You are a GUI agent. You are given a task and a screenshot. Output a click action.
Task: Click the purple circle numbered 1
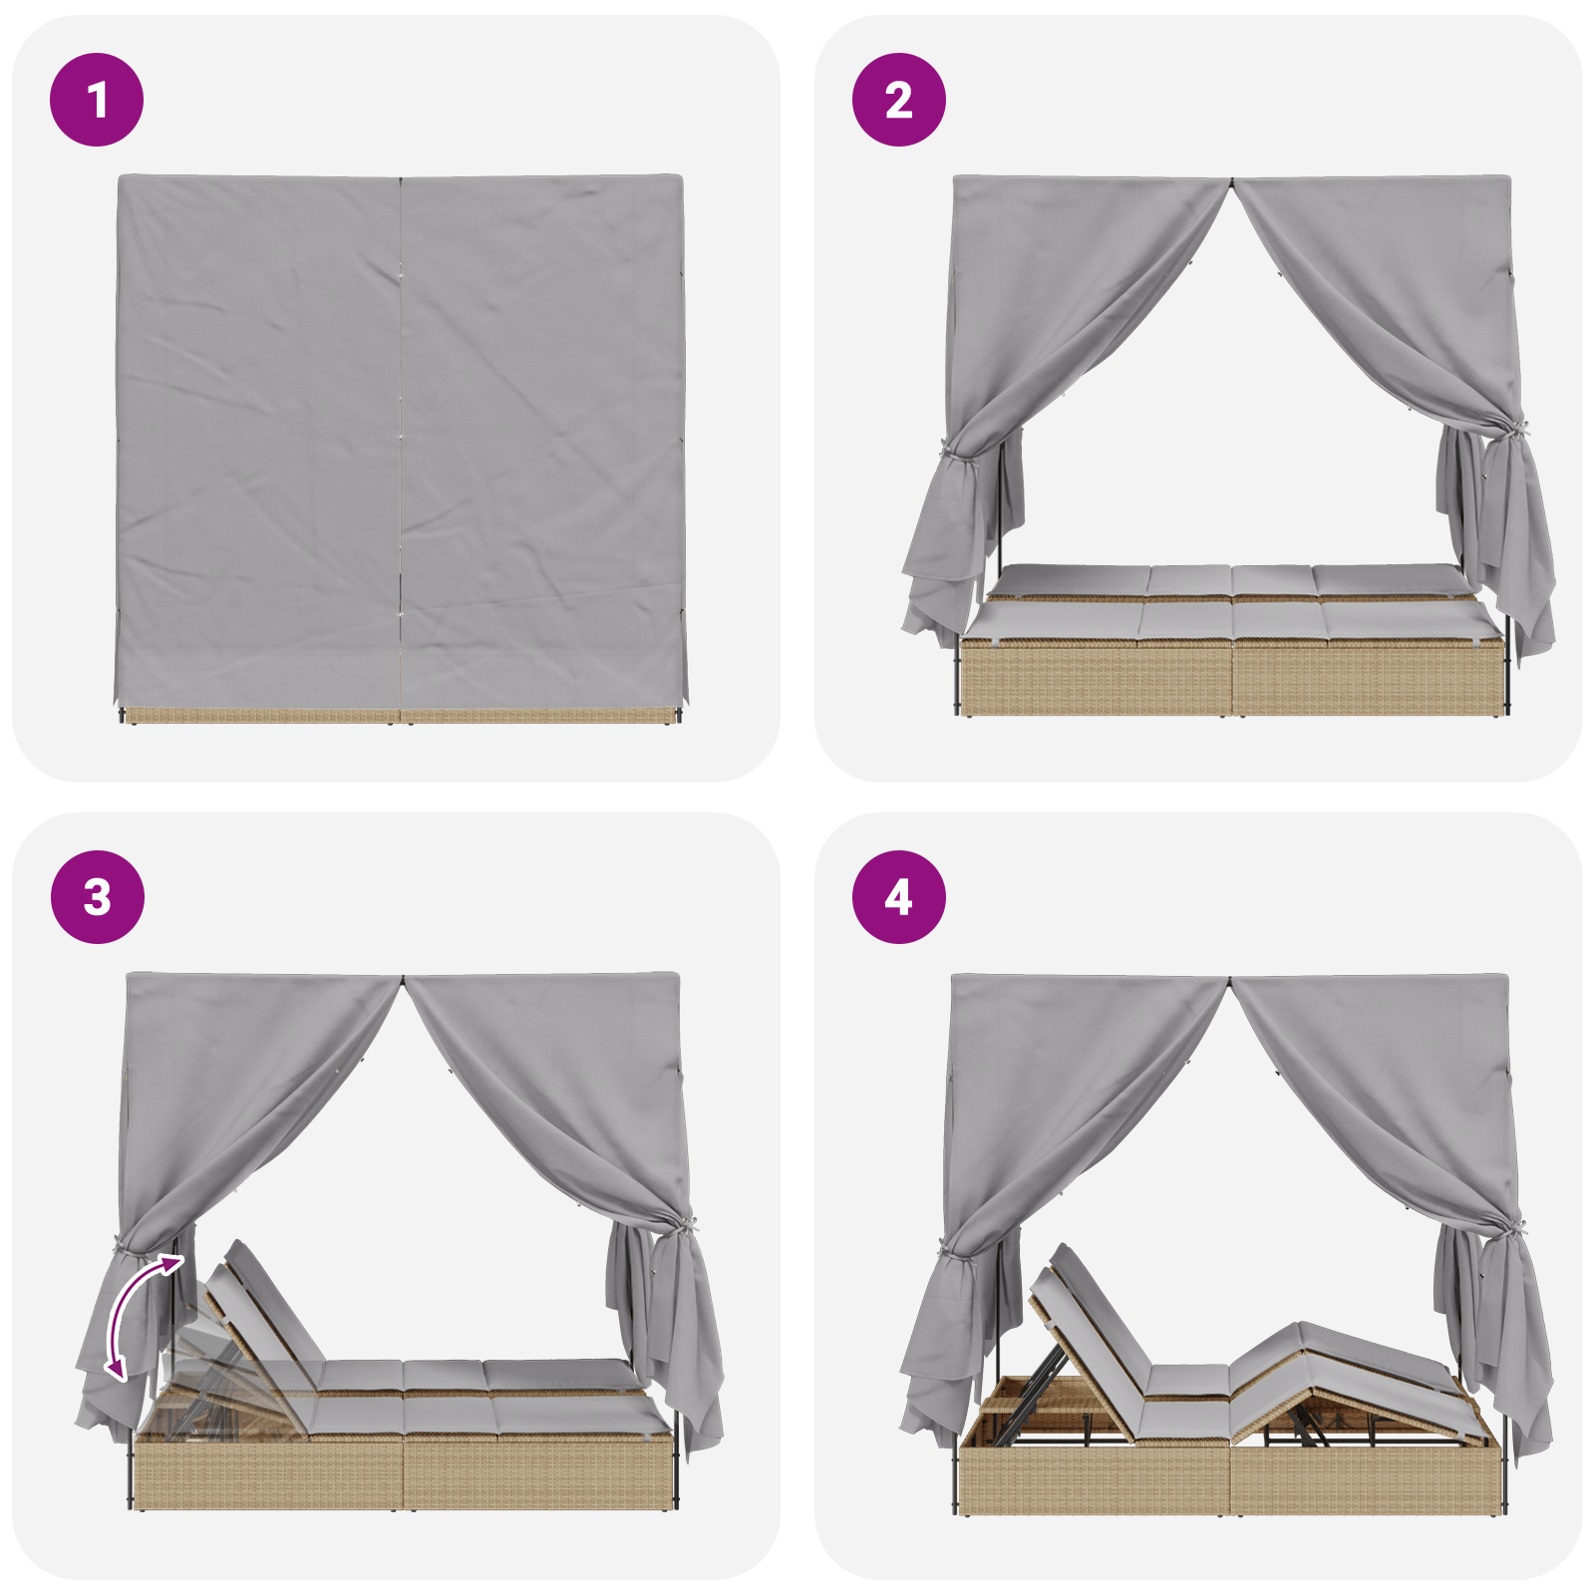click(97, 100)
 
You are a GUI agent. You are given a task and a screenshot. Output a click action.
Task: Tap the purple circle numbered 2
click(898, 100)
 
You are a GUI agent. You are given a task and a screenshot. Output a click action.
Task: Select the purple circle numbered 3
click(97, 897)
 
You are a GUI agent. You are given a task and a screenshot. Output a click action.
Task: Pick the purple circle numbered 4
click(898, 897)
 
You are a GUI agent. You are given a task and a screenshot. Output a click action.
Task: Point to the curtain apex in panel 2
click(1231, 182)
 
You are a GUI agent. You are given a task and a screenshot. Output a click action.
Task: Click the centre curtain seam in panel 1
click(401, 439)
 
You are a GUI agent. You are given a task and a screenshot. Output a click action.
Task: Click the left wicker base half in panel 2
click(1097, 678)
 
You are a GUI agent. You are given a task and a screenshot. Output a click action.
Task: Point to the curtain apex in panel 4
click(1230, 981)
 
